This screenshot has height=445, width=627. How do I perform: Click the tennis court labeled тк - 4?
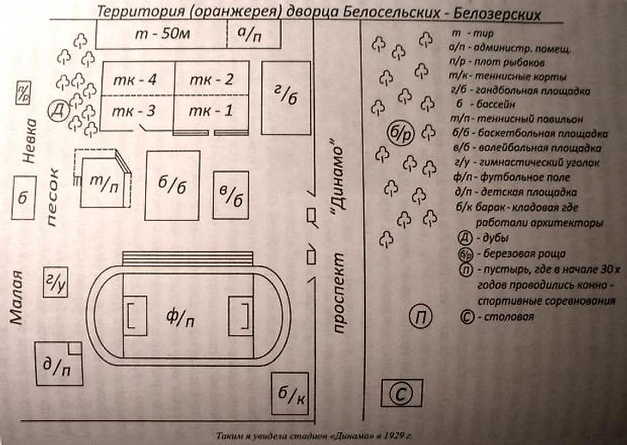coord(138,80)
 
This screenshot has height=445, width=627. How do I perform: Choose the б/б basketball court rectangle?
coord(173,186)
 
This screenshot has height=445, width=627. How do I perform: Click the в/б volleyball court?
coord(230,196)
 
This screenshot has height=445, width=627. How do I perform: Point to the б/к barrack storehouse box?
coord(289,395)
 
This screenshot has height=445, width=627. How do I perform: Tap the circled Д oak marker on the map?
coord(58,112)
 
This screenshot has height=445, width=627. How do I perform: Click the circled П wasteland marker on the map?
coord(422,316)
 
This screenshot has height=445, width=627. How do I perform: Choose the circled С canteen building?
coord(401,393)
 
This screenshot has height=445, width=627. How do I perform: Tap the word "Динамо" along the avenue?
coord(337,180)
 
